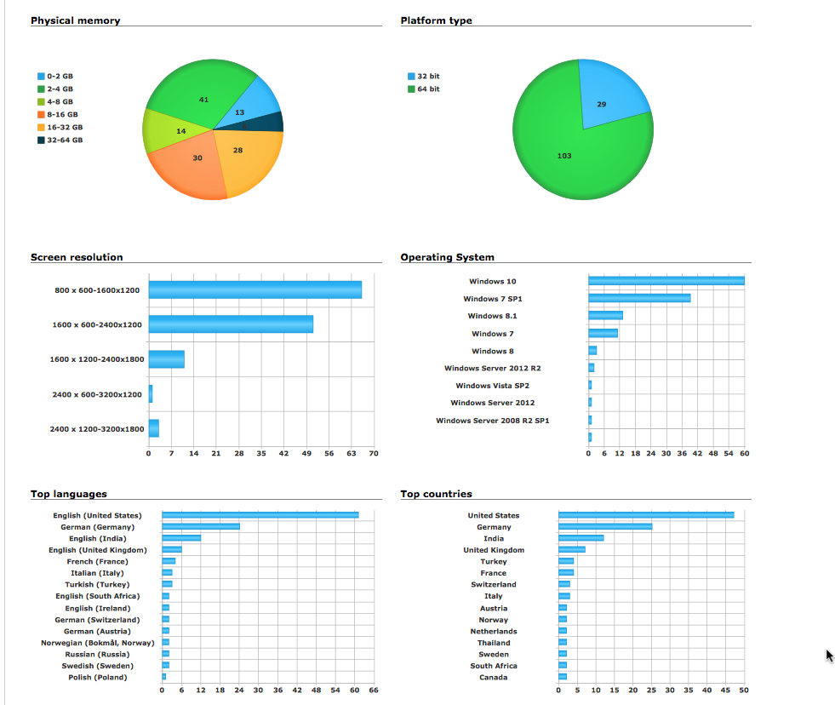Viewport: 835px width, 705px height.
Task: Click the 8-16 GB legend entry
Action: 59,114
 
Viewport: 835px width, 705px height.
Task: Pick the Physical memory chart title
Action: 75,20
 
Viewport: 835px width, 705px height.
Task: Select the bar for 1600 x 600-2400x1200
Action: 231,324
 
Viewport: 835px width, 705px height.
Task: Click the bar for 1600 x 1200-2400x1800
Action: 167,359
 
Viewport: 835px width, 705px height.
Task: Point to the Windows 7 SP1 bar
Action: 639,299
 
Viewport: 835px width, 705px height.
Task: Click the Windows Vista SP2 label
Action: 492,386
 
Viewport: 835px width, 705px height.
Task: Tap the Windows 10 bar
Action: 666,281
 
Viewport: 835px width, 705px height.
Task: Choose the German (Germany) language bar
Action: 201,527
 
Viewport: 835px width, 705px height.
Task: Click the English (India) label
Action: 98,538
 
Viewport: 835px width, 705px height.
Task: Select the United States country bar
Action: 646,515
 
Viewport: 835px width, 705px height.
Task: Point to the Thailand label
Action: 494,643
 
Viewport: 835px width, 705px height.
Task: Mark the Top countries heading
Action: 436,494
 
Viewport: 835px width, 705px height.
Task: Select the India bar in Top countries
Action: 581,538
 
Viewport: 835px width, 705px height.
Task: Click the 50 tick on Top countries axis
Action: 744,691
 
